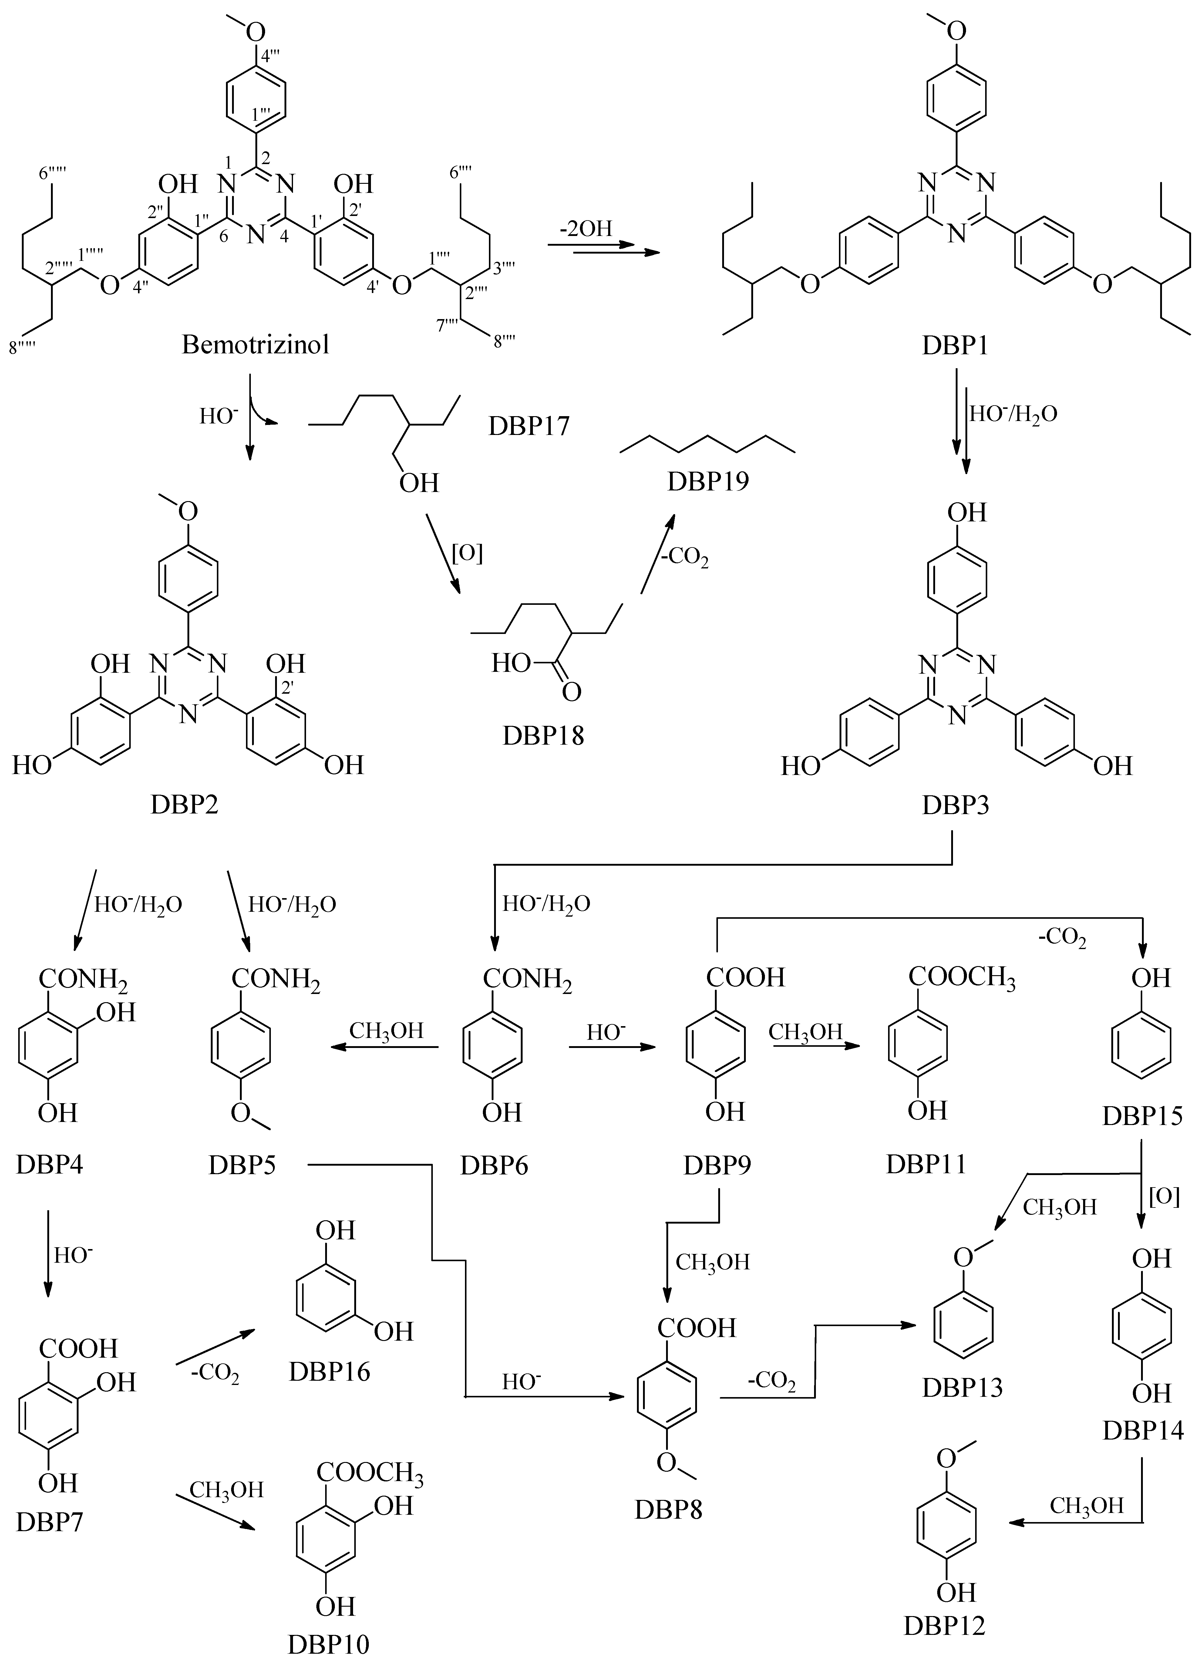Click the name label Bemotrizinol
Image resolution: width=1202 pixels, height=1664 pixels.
click(255, 344)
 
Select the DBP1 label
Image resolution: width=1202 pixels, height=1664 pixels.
click(955, 344)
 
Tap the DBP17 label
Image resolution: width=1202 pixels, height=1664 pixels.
click(528, 426)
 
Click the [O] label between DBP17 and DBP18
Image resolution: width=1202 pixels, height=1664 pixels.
click(467, 554)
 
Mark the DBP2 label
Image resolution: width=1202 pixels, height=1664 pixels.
click(184, 806)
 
